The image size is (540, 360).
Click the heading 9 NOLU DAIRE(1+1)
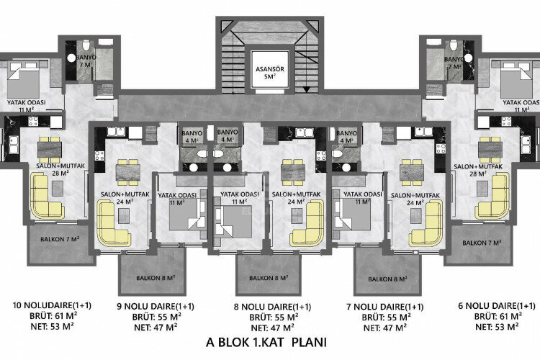(155, 305)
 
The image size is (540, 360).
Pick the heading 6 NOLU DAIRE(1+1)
(497, 305)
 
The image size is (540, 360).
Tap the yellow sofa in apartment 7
(425, 225)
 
